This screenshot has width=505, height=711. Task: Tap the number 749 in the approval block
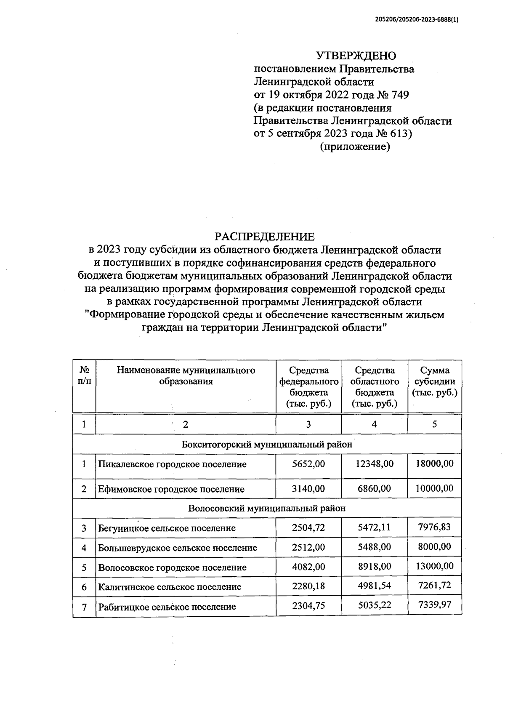pos(399,95)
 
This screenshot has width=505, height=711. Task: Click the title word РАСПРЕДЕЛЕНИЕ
pos(265,237)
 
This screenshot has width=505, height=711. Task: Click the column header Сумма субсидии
pos(435,381)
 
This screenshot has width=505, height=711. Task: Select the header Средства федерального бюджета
pos(309,387)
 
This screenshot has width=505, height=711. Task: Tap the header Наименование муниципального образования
pos(186,375)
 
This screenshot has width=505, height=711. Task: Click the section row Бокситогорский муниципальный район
pos(267,445)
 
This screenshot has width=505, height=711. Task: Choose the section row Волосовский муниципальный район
pos(267,508)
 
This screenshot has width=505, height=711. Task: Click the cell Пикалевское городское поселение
pos(172,464)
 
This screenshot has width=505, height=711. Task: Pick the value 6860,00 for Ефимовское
pos(374,488)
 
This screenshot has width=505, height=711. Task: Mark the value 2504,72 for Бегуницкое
pos(308,527)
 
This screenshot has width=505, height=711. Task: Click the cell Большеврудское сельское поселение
pos(178,548)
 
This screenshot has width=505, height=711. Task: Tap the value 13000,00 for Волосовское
pos(435,566)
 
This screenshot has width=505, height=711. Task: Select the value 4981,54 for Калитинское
pos(374,586)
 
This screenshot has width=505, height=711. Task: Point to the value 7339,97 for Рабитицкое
pos(435,604)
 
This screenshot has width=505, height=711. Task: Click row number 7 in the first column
pos(84,607)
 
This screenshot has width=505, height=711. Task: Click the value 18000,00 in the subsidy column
pos(435,463)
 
